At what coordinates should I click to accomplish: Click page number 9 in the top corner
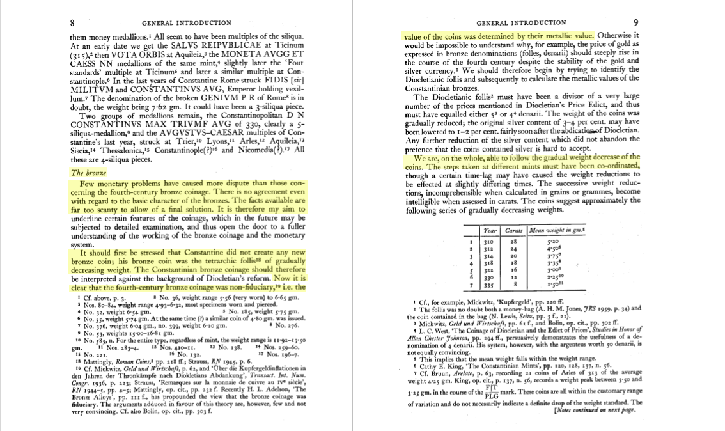(x=635, y=22)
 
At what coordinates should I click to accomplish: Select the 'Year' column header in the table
(x=490, y=230)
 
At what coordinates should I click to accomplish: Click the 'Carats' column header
(x=514, y=230)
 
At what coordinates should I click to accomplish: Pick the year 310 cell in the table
(x=489, y=242)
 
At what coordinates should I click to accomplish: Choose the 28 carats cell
(x=513, y=242)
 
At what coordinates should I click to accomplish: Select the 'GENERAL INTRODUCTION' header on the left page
(x=188, y=23)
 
